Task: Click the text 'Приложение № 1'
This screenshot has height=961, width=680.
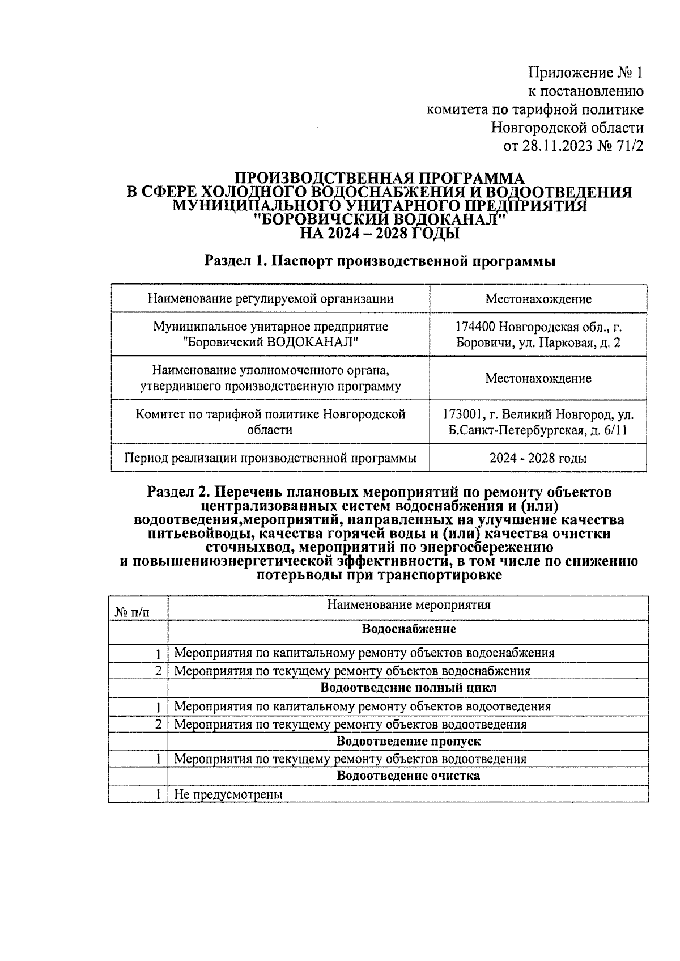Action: click(586, 73)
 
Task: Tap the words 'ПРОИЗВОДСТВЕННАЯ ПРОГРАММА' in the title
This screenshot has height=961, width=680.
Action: click(380, 178)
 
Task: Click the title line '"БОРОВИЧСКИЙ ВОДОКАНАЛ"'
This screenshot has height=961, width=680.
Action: click(380, 219)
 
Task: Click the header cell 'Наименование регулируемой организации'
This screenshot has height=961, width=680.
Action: click(270, 298)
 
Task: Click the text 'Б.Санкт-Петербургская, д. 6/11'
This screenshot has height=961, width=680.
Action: click(538, 430)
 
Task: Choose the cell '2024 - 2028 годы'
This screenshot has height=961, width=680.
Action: click(538, 458)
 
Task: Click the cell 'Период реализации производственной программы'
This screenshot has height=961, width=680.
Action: click(270, 458)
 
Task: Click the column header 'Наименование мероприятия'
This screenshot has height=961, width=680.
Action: click(409, 604)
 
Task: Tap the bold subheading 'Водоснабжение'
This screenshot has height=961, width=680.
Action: click(409, 629)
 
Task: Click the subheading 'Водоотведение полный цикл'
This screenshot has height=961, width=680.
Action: click(409, 688)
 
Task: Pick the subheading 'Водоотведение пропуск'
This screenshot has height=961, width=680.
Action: click(409, 741)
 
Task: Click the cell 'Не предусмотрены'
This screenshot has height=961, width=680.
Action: click(228, 794)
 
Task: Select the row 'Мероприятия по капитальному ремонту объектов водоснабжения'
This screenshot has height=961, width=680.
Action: click(364, 653)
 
